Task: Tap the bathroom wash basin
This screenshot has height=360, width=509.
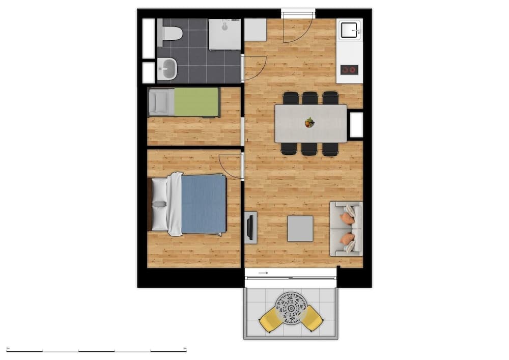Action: coord(167,69)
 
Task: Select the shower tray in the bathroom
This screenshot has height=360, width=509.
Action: coord(224,35)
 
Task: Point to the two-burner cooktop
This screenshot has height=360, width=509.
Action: coord(349,70)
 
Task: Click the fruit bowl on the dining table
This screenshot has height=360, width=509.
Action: coord(309,122)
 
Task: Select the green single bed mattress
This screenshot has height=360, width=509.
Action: coord(196,102)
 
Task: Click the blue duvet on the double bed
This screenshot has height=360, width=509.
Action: coord(204,204)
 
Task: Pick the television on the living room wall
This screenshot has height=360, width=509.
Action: coord(250,227)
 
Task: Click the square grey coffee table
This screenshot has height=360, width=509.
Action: coord(300,229)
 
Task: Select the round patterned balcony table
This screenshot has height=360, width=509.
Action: coord(291,308)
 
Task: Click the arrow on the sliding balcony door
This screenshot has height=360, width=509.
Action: coord(263,273)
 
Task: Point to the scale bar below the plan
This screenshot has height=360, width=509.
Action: coord(96,351)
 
